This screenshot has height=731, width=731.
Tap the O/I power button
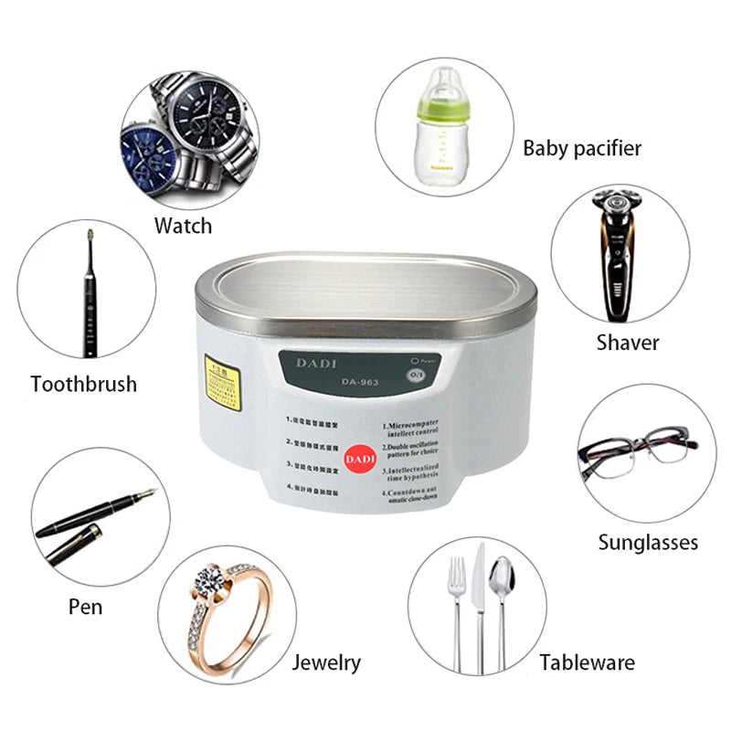416,375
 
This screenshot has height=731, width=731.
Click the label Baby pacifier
582,148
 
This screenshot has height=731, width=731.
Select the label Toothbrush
83,384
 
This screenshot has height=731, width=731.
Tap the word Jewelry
326,662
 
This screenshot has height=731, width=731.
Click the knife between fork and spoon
478,594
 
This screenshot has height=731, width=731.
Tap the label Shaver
628,343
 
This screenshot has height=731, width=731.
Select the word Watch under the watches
183,226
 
